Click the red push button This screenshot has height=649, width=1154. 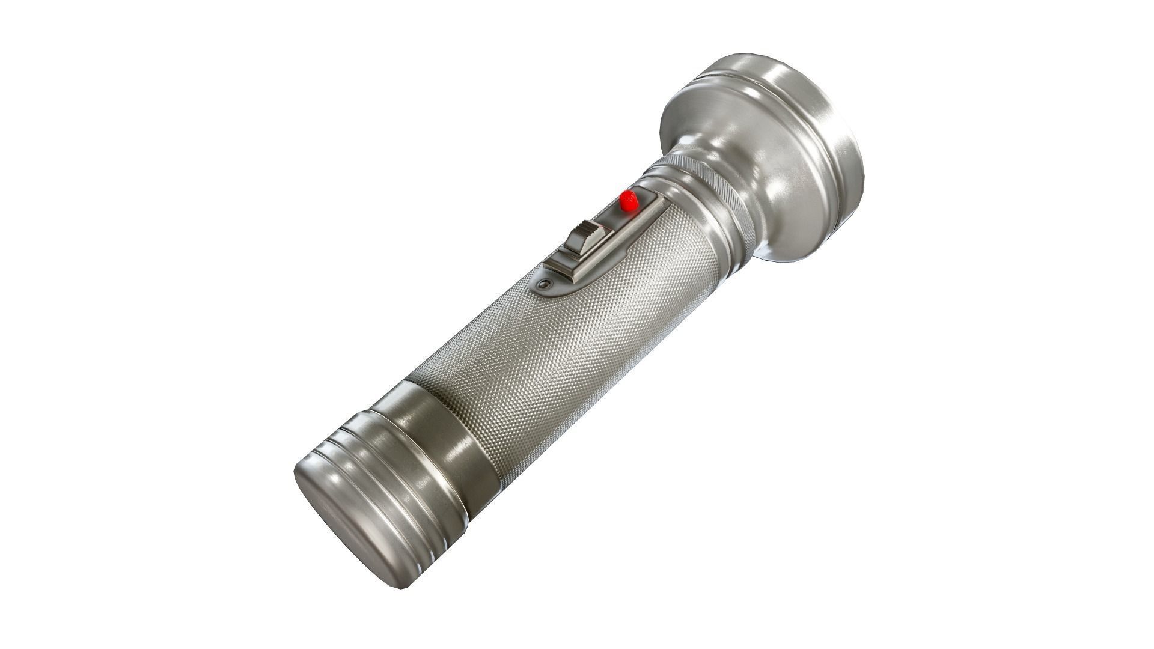click(629, 200)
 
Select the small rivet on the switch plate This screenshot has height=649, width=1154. click(545, 284)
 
